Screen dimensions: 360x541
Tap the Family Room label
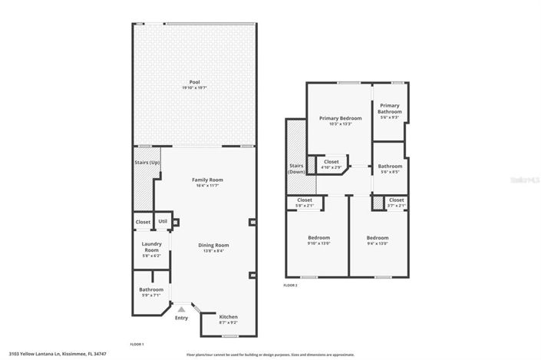pyautogui.click(x=206, y=180)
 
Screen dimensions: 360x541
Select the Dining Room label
pyautogui.click(x=216, y=245)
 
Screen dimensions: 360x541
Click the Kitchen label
pyautogui.click(x=229, y=317)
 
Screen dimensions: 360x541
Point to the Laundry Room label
pyautogui.click(x=151, y=247)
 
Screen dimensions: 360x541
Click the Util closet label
pyautogui.click(x=163, y=222)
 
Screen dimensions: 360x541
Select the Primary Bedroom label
pyautogui.click(x=340, y=118)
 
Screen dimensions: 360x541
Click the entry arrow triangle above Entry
pyautogui.click(x=181, y=309)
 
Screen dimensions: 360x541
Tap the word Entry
pyautogui.click(x=181, y=318)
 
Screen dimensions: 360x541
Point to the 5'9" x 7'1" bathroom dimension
pyautogui.click(x=151, y=296)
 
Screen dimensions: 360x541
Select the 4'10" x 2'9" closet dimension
pyautogui.click(x=332, y=167)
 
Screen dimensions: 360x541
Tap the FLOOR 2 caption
pyautogui.click(x=290, y=286)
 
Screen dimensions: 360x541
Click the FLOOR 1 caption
pyautogui.click(x=137, y=344)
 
